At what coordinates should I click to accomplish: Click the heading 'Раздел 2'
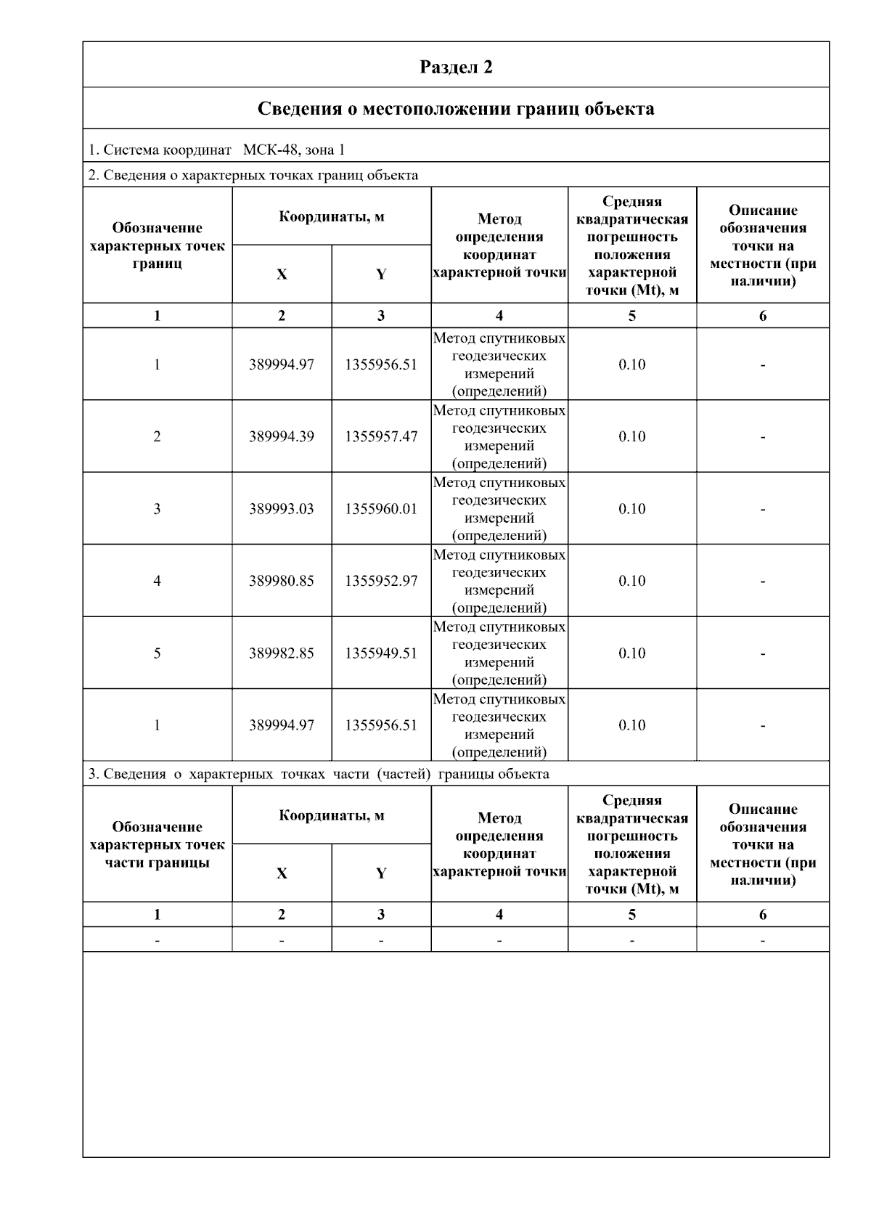[x=456, y=67]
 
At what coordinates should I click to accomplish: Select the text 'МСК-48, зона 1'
[x=294, y=150]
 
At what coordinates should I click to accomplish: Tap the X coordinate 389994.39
[x=282, y=436]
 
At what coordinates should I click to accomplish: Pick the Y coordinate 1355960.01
[x=381, y=509]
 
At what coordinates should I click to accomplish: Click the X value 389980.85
[x=282, y=581]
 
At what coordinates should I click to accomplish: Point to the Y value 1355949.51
[x=381, y=653]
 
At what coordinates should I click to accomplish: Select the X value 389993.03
[x=282, y=509]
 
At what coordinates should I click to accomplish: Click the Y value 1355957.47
[x=381, y=436]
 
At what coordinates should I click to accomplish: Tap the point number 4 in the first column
[x=157, y=581]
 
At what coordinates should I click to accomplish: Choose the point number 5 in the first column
[x=157, y=653]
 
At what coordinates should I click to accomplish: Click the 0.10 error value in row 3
[x=631, y=509]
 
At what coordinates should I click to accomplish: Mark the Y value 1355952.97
[x=381, y=581]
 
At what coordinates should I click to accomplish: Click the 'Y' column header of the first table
[x=381, y=274]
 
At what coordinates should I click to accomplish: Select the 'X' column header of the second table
[x=282, y=873]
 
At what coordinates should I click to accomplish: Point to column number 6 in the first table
[x=762, y=316]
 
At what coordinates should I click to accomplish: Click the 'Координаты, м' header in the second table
[x=332, y=815]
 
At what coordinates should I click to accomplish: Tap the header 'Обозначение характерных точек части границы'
[x=157, y=844]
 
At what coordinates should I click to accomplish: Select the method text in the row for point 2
[x=499, y=436]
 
